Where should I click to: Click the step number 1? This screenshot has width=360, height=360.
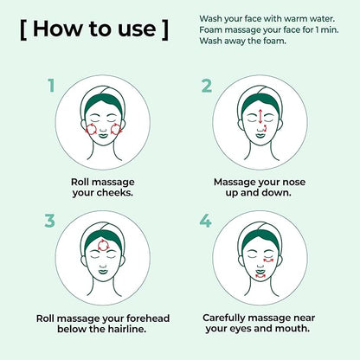click(51, 86)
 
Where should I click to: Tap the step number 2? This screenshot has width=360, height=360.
click(207, 86)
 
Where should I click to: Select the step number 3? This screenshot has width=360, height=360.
click(49, 221)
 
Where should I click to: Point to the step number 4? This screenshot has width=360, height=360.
click(205, 221)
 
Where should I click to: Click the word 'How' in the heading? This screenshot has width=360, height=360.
click(57, 29)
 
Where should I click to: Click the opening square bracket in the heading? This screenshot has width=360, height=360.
click(23, 29)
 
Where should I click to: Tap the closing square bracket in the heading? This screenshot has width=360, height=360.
click(165, 29)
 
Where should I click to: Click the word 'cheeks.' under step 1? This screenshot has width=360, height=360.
click(117, 192)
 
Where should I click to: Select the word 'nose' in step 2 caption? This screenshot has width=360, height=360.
click(294, 182)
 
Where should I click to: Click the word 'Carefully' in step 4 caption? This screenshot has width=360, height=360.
click(224, 318)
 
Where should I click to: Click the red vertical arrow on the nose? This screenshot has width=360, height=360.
click(260, 116)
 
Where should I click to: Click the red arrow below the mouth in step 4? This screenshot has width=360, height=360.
click(260, 276)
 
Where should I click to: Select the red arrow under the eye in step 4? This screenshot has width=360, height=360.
click(268, 260)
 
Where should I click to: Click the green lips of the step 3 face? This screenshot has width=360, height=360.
click(103, 271)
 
